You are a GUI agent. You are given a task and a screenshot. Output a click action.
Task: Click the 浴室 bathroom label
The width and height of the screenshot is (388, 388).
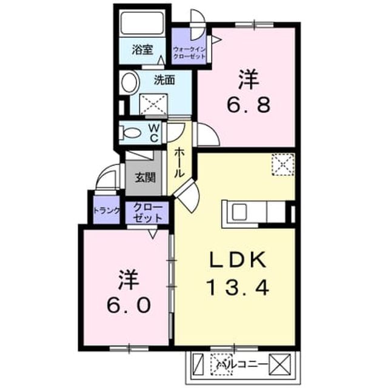(142, 50)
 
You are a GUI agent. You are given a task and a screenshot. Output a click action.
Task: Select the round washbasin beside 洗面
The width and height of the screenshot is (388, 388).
(129, 82)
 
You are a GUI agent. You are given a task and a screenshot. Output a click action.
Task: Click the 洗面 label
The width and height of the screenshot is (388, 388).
(164, 80)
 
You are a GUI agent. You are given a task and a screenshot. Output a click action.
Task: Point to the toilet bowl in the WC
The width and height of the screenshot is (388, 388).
(131, 133)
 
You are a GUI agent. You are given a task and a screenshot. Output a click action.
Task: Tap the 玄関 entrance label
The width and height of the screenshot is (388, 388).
(145, 177)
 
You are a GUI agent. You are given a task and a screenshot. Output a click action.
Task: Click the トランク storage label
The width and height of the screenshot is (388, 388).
(107, 210)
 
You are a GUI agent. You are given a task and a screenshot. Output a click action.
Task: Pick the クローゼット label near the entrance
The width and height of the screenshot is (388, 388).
(147, 213)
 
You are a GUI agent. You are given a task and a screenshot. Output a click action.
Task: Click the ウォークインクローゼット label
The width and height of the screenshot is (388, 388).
(189, 53)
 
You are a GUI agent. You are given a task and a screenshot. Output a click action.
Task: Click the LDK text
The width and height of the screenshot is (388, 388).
(238, 259)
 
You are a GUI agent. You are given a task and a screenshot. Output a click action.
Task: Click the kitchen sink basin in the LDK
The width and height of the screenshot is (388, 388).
(239, 212)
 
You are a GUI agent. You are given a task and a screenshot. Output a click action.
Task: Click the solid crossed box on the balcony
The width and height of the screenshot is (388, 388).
(280, 364)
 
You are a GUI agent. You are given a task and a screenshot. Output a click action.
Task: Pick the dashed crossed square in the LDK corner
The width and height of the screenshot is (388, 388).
(283, 164)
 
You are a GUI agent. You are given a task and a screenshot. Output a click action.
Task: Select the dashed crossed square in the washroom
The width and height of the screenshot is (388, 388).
(153, 104)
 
